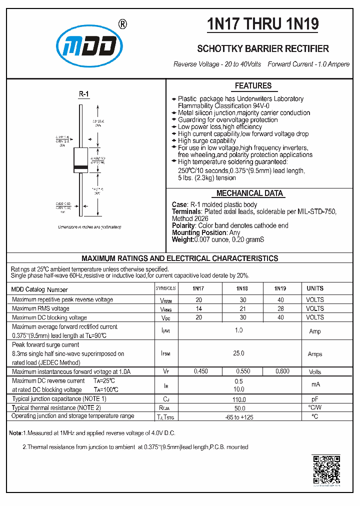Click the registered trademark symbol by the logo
click(121, 24)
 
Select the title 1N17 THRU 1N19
click(262, 24)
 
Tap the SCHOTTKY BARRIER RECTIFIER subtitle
click(263, 48)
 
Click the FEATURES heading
click(253, 85)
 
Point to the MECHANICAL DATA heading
click(249, 193)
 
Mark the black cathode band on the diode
click(80, 165)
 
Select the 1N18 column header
click(241, 288)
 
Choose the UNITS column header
click(315, 288)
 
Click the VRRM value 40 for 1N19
click(280, 299)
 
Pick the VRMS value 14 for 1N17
click(198, 308)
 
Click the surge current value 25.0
click(238, 353)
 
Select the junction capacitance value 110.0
click(238, 399)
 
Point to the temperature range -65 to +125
click(238, 416)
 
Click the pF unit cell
click(315, 399)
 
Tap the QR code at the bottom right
click(326, 470)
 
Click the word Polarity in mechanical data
click(183, 225)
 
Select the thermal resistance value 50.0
click(238, 408)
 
